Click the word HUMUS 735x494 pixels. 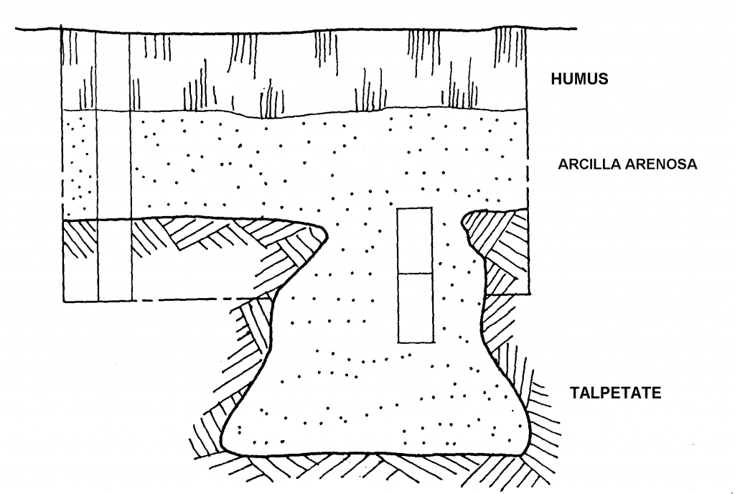[579, 80]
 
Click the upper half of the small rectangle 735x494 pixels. [415, 241]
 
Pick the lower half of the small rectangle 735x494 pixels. [415, 307]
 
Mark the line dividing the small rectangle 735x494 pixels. [415, 274]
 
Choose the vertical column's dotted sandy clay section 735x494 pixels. [113, 165]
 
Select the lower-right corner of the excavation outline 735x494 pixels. [529, 294]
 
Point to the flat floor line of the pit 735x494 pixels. [373, 454]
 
